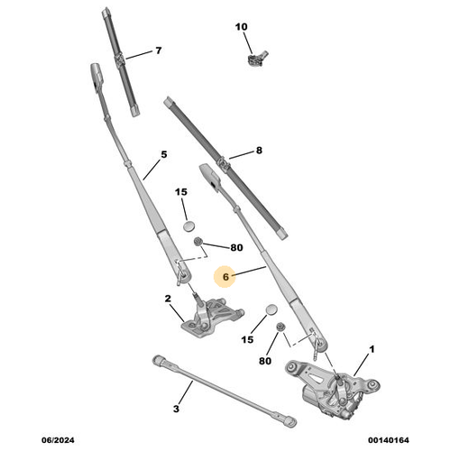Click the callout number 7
tap(158, 51)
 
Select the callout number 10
tap(241, 27)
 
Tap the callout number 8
tap(258, 152)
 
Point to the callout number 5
tap(164, 154)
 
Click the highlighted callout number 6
tap(226, 278)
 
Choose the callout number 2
tap(168, 299)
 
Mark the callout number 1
tap(373, 348)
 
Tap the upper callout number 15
tap(181, 192)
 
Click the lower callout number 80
tap(265, 362)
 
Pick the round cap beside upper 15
tap(188, 225)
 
